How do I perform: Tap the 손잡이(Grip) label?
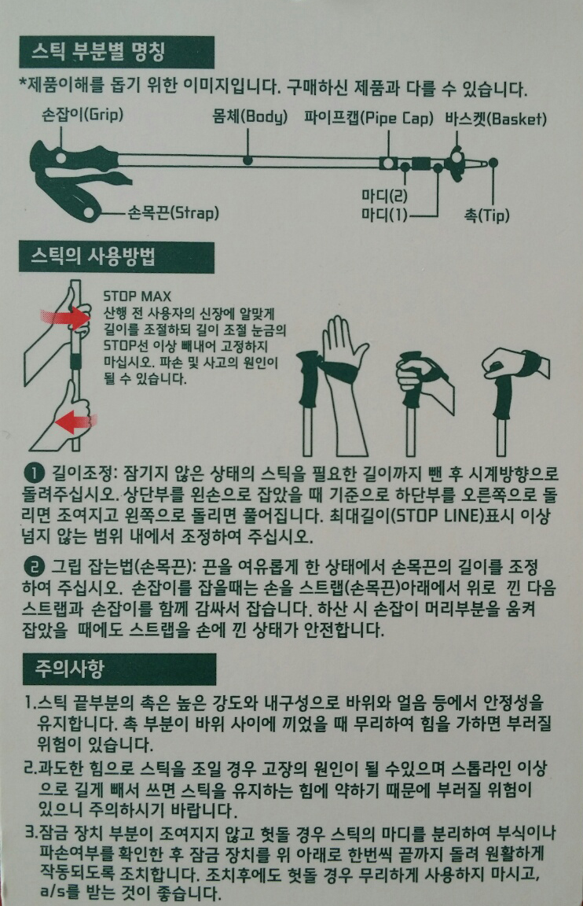pos(82,114)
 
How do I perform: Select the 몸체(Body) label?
pos(250,117)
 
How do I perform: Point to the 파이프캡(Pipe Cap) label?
pos(368,118)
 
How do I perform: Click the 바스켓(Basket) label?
pos(495,119)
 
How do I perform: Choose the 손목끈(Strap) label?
pos(173,212)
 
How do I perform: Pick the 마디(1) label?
pos(384,215)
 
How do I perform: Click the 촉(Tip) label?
pos(487,215)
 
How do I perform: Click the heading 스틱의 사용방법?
pos(93,256)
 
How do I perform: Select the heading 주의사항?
pos(69,668)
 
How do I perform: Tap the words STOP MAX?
pos(137,296)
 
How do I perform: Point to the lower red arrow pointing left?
pos(76,421)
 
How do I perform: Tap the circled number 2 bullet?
pos(34,565)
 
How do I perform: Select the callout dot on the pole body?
pos(247,160)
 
